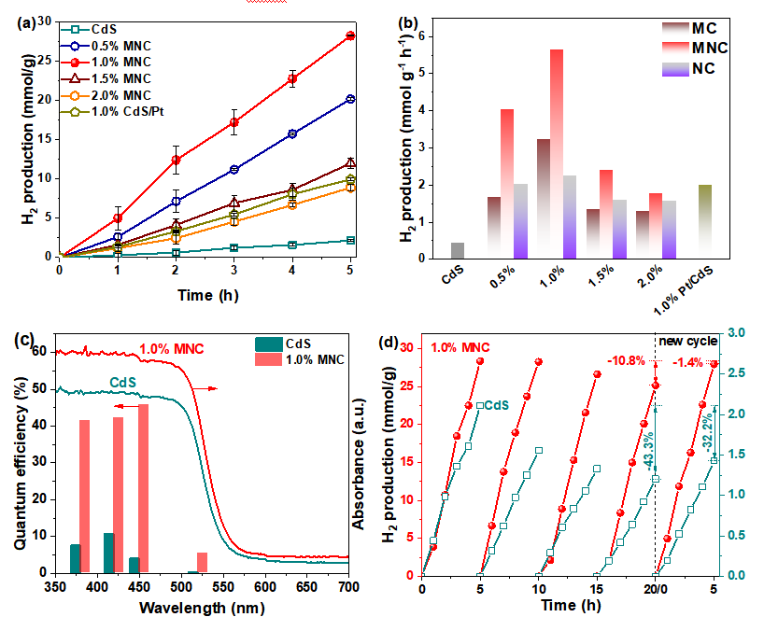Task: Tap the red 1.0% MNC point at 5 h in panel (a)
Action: tap(350, 35)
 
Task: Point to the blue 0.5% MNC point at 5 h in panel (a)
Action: tap(350, 99)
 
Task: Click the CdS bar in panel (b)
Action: tap(458, 250)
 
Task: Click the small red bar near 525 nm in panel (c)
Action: tap(202, 562)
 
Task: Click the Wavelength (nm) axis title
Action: tap(202, 606)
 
